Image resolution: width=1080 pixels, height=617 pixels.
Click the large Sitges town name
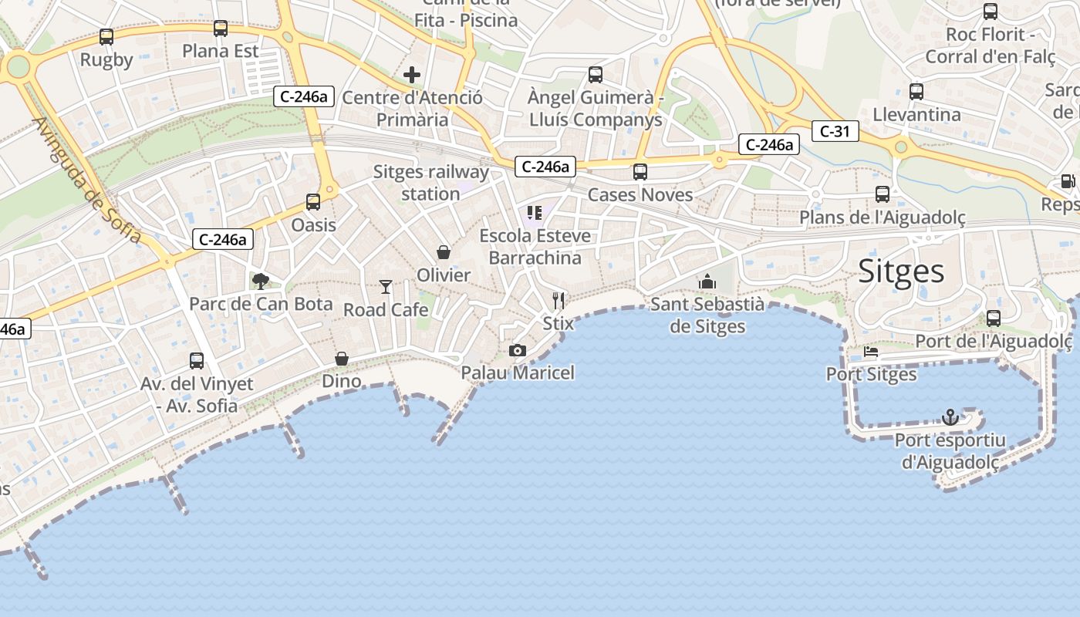click(x=901, y=271)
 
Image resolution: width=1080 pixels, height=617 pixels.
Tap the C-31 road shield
click(x=835, y=131)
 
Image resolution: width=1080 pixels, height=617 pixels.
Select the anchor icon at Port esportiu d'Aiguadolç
click(x=950, y=417)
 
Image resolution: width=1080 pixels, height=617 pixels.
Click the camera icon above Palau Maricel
click(x=518, y=351)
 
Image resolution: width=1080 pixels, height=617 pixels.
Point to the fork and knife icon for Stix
click(x=559, y=301)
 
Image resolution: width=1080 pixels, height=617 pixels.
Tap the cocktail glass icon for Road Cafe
click(x=386, y=287)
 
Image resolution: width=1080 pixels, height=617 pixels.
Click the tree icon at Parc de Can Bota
click(x=261, y=281)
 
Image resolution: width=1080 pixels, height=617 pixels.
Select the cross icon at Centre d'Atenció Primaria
click(x=412, y=75)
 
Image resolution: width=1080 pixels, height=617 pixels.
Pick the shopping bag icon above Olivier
click(x=444, y=252)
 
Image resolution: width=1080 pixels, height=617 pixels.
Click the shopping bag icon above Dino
click(x=341, y=359)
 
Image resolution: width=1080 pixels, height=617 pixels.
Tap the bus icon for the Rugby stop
click(x=106, y=36)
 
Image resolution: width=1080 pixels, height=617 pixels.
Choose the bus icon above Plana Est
click(x=221, y=29)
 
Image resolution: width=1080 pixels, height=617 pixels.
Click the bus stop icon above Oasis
click(x=313, y=202)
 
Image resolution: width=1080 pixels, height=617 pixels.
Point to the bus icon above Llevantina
click(x=916, y=92)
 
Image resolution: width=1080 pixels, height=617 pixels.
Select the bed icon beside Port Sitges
click(x=871, y=352)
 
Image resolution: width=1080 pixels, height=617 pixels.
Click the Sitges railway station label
click(x=431, y=183)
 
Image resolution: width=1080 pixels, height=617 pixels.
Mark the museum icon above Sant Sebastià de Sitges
click(x=707, y=282)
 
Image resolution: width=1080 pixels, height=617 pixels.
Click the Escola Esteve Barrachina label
click(x=535, y=247)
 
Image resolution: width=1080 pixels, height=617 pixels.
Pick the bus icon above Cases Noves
click(x=640, y=172)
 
